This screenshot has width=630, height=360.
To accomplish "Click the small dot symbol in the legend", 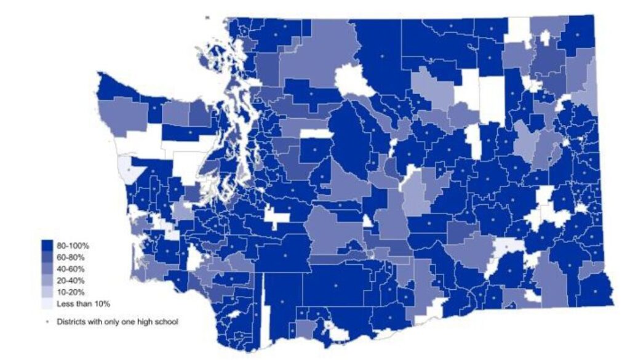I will (47, 322).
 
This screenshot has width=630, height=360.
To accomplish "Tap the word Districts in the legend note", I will (71, 322).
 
